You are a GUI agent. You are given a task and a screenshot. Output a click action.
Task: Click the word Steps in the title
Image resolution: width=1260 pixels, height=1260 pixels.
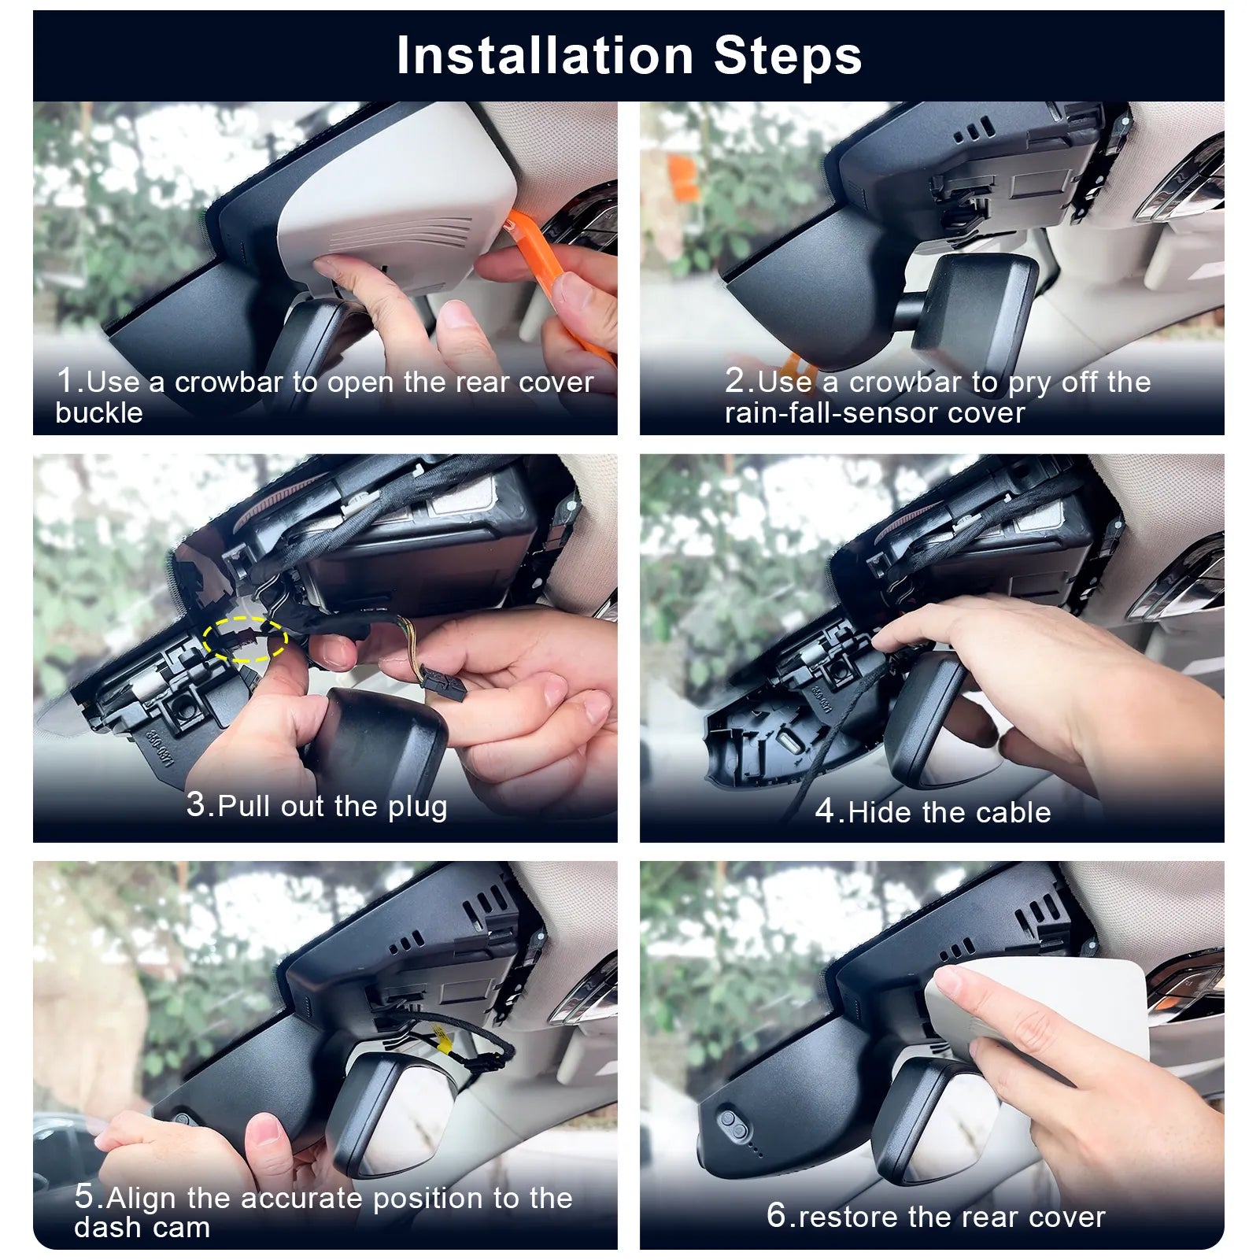tap(788, 57)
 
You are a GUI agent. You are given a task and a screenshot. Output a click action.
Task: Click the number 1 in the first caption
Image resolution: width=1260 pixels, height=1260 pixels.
tap(65, 380)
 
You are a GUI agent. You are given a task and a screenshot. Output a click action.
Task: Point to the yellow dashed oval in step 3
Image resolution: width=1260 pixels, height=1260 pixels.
tap(245, 637)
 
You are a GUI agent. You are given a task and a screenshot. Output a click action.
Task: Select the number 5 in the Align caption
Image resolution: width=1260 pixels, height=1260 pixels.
tap(84, 1196)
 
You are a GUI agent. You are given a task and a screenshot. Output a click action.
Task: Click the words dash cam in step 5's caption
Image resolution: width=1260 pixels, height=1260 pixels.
tap(142, 1228)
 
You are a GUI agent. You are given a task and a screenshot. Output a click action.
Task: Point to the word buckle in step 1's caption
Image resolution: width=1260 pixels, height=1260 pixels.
tap(99, 413)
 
